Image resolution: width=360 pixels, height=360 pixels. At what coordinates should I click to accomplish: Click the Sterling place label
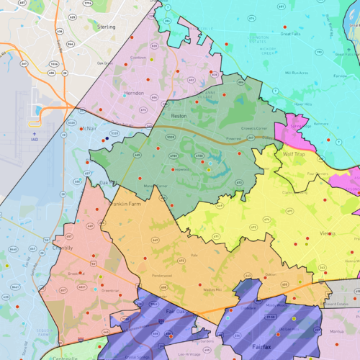(106, 26)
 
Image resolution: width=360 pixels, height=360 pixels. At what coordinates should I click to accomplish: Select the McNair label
(86, 127)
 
